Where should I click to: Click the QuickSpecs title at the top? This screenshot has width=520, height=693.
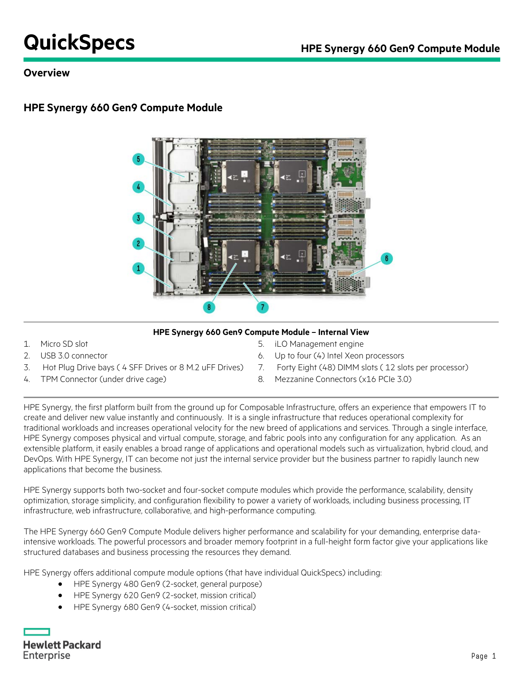(x=79, y=43)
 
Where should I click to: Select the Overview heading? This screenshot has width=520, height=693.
(x=47, y=73)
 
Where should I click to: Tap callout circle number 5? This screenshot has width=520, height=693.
(x=138, y=159)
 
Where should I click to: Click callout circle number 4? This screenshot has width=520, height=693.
(x=138, y=187)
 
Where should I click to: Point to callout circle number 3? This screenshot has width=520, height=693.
(x=138, y=218)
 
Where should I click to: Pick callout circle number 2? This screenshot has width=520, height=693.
(x=138, y=243)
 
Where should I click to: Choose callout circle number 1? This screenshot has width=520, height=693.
(x=138, y=268)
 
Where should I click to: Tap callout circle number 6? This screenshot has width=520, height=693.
(x=386, y=259)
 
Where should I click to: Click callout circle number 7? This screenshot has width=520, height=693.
(x=263, y=307)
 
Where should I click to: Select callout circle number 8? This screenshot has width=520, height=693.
(x=209, y=307)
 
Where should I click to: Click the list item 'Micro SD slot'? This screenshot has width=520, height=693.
(x=64, y=344)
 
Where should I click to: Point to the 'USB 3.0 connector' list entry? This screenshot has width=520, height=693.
(x=74, y=356)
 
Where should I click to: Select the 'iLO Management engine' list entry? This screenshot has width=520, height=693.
(x=319, y=344)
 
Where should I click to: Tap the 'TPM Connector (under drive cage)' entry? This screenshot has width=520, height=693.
(x=103, y=379)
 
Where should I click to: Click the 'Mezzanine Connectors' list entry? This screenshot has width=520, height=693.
(x=343, y=379)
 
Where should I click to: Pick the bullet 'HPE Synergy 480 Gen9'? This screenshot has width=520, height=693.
(x=168, y=584)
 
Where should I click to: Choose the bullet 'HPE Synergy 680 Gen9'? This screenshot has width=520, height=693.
(x=164, y=607)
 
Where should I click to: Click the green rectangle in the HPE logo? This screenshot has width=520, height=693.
(x=37, y=632)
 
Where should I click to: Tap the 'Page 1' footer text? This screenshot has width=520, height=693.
(x=483, y=656)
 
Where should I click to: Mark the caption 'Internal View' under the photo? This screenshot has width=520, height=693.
(x=343, y=332)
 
